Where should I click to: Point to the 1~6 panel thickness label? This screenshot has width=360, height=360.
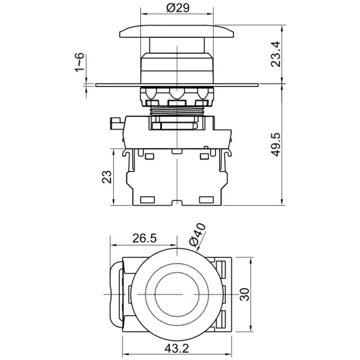79,62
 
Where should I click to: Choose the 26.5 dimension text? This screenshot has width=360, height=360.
144,238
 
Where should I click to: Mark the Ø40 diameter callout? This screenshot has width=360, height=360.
197,233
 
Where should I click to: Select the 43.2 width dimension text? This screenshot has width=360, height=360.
178,347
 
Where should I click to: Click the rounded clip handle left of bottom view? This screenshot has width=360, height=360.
115,294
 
